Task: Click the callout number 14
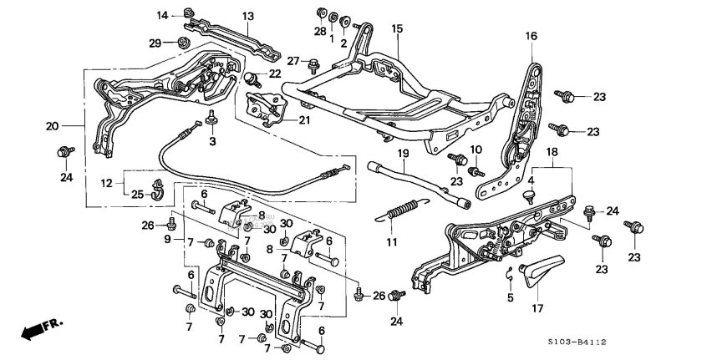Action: pyautogui.click(x=163, y=15)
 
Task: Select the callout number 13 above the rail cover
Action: pyautogui.click(x=248, y=16)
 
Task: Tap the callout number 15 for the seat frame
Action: pyautogui.click(x=397, y=28)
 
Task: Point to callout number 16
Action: pyautogui.click(x=532, y=36)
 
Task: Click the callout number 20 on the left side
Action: pyautogui.click(x=52, y=126)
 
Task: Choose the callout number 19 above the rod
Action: pyautogui.click(x=402, y=154)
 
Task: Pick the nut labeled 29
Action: pyautogui.click(x=184, y=42)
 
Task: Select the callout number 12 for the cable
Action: pyautogui.click(x=107, y=183)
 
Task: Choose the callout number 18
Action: pyautogui.click(x=551, y=151)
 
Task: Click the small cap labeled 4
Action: pyautogui.click(x=530, y=194)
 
